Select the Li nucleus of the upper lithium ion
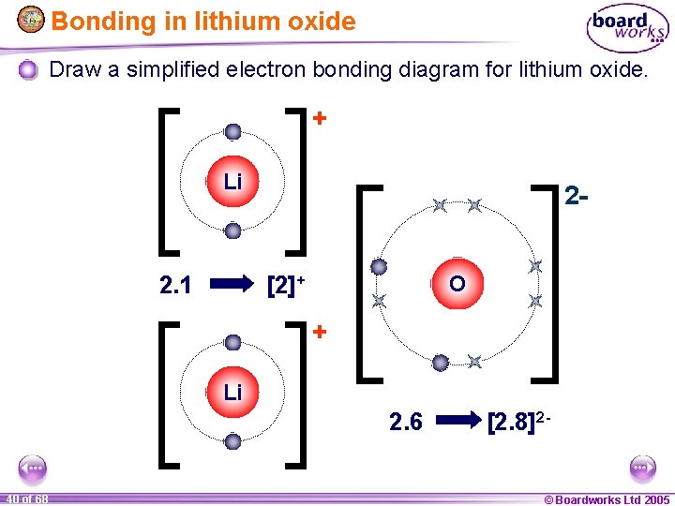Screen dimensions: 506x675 click(x=232, y=181)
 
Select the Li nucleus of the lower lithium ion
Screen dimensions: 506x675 click(x=232, y=392)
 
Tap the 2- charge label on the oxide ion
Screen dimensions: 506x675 click(x=577, y=196)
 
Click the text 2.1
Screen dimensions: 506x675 click(x=175, y=283)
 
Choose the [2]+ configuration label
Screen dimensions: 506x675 click(x=287, y=282)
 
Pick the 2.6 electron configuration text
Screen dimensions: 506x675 click(x=405, y=423)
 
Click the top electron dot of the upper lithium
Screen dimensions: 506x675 click(x=232, y=132)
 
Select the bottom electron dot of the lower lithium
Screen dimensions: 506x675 click(x=232, y=440)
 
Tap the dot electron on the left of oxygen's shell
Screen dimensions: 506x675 click(x=379, y=267)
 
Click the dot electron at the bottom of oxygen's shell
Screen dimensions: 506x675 click(x=439, y=362)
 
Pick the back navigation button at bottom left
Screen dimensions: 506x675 click(x=33, y=468)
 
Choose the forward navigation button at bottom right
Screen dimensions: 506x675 click(x=642, y=468)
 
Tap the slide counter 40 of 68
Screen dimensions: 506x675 click(x=26, y=499)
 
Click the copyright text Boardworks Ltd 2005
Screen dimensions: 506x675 click(x=607, y=499)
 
